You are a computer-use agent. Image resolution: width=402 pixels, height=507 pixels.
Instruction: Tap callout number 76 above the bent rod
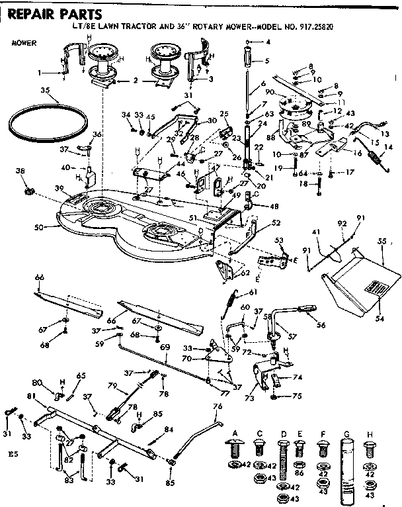218,405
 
